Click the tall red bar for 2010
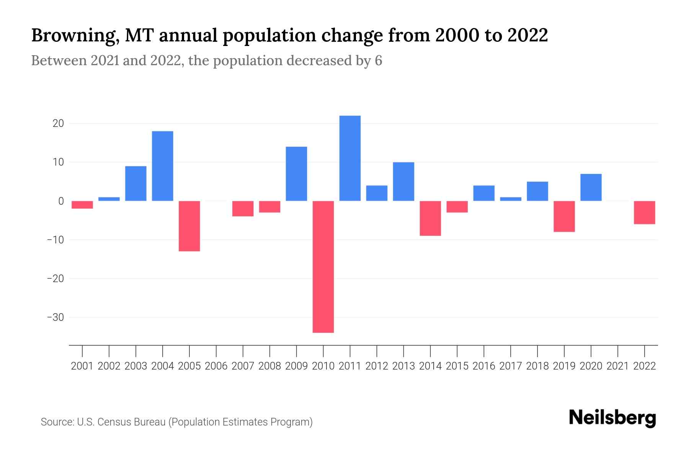323,266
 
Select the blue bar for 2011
350,158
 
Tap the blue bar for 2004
163,166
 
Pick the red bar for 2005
189,226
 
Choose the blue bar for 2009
296,174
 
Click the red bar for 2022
645,212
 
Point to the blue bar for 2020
591,187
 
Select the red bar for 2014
430,218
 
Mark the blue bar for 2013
403,181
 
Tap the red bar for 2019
564,216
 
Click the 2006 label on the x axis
216,366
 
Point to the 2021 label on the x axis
618,366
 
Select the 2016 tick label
484,366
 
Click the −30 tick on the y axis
55,317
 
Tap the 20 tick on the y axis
58,123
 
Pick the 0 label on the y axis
61,201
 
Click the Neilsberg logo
612,418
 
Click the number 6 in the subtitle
378,61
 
